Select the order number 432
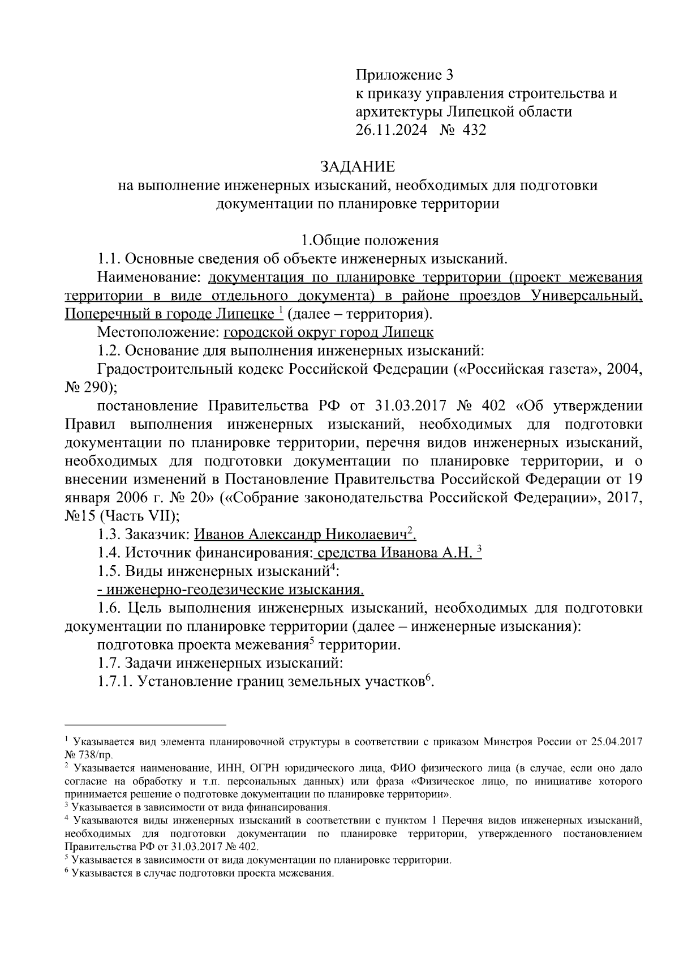474,130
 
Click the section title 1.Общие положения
369,241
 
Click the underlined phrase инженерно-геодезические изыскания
230,590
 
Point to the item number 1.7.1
115,682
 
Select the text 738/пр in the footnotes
97,755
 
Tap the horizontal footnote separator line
145,724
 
